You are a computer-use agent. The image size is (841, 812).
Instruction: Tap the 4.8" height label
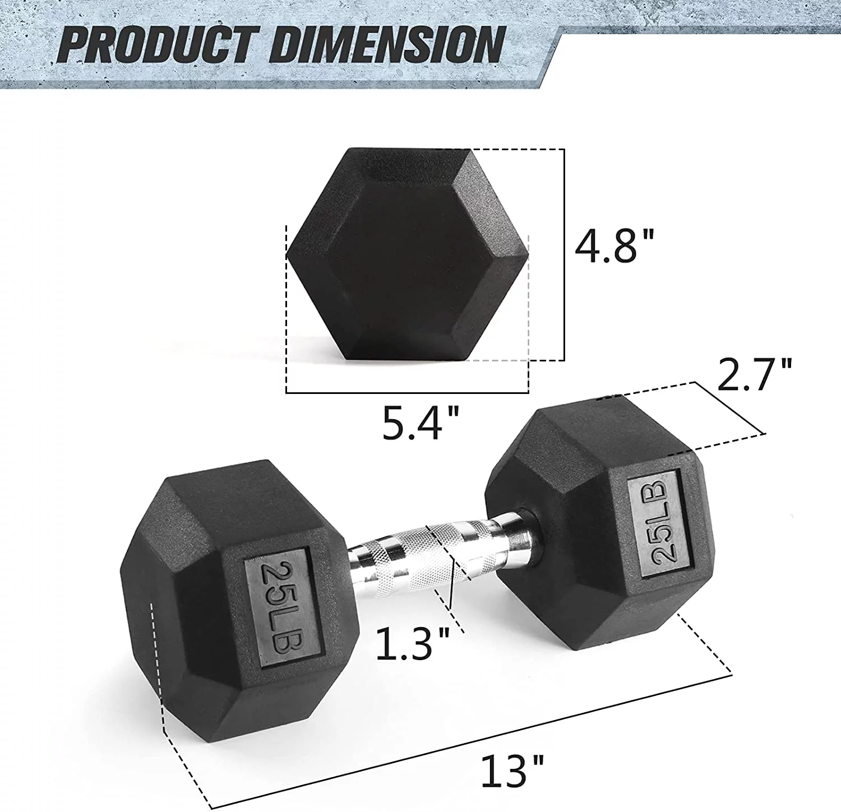click(x=614, y=246)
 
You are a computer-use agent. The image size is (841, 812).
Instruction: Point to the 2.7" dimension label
click(x=754, y=376)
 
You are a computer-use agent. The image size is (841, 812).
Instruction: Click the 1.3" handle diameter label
click(x=413, y=643)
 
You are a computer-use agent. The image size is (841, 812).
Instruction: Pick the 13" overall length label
click(x=512, y=771)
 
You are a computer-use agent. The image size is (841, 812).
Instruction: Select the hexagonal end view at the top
click(x=407, y=255)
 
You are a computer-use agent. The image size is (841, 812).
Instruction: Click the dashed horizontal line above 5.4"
click(x=407, y=392)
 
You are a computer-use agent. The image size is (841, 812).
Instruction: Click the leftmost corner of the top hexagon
click(x=287, y=256)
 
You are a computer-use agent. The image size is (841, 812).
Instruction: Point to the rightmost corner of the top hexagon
click(x=528, y=254)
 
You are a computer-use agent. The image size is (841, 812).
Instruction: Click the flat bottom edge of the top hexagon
click(x=407, y=359)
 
